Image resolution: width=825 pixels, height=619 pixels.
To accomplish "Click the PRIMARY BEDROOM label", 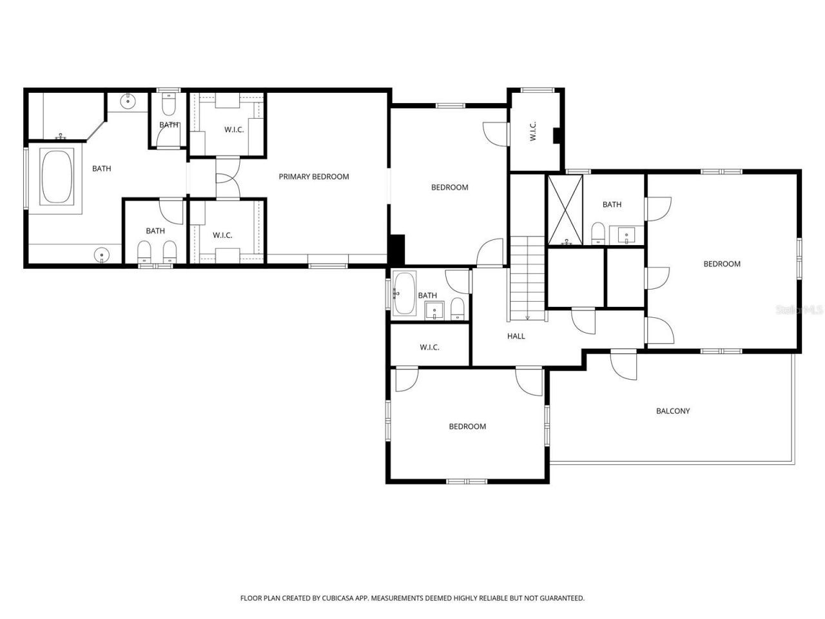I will tap(313, 177).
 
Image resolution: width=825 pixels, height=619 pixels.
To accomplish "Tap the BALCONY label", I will tap(673, 411).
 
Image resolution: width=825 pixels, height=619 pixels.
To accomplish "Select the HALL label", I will tap(516, 336).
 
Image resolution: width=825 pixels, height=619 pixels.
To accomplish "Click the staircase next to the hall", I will tap(528, 277).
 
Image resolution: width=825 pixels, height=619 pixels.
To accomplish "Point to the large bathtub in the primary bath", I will tap(57, 177).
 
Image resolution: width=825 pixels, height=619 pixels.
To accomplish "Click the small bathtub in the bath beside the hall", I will tap(404, 293).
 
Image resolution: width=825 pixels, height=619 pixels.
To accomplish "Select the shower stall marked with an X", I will tap(565, 210).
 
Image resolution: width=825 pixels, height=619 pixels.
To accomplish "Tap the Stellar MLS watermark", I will tap(799, 310).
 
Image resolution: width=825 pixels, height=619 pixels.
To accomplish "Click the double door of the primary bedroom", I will tap(227, 177).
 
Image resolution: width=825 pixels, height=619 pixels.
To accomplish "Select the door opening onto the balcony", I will tap(623, 365).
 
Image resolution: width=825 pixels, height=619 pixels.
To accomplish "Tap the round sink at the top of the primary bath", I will tap(129, 100).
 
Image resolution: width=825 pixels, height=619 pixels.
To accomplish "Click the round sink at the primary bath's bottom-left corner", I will tap(101, 255).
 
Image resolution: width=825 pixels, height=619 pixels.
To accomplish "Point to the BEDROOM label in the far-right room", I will tap(722, 264).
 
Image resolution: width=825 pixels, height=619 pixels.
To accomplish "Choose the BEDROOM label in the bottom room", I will tap(467, 426).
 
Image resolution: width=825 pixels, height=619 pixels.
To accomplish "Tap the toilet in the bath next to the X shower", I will tap(598, 233).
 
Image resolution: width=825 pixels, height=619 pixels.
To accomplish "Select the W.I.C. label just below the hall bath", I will tap(429, 348).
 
